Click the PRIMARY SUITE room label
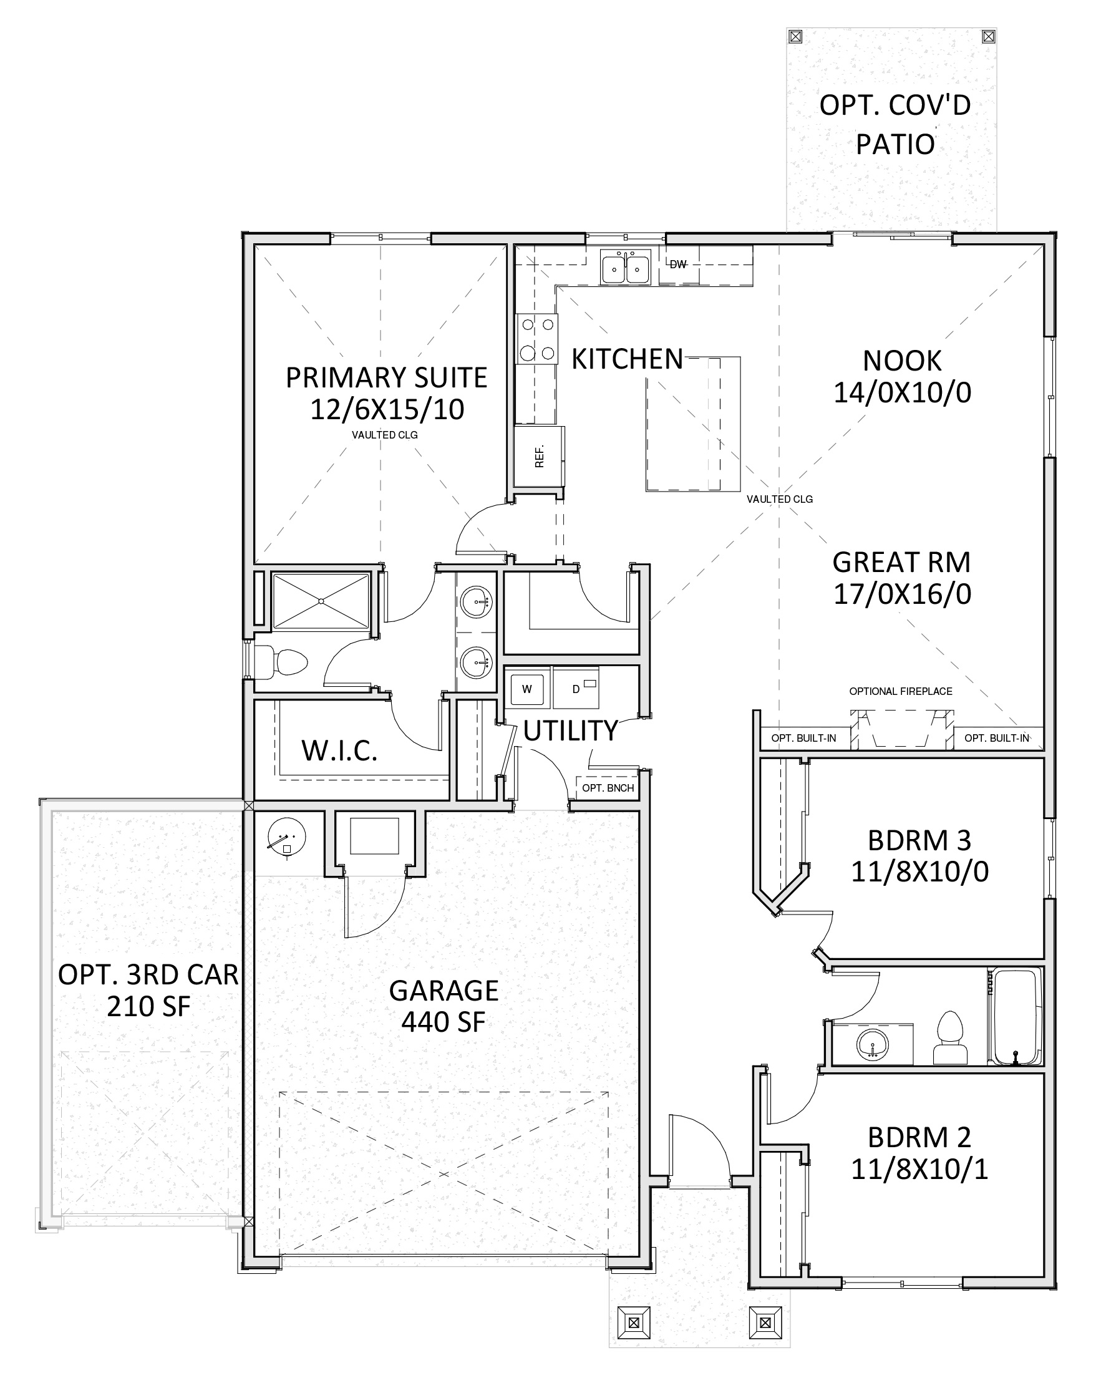(x=386, y=377)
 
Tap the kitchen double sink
(x=626, y=268)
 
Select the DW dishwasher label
(x=678, y=264)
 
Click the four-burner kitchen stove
(x=536, y=339)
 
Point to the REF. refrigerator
(x=540, y=457)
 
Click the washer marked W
(x=526, y=689)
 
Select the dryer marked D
(x=576, y=689)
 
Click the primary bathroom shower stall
(x=321, y=601)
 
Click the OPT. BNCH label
(x=608, y=788)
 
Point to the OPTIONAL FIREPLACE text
(x=901, y=691)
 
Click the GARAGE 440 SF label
(x=444, y=1006)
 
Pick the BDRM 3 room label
(x=919, y=841)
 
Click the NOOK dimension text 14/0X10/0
(x=903, y=393)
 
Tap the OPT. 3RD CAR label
(x=148, y=975)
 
